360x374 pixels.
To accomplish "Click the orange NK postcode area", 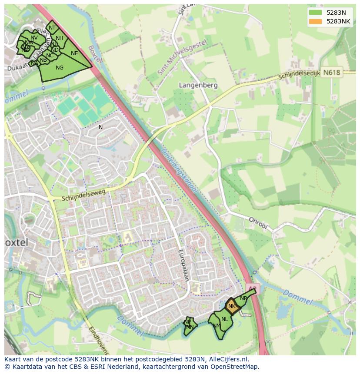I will (x=232, y=306).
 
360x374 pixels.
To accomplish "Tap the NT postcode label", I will (x=52, y=28).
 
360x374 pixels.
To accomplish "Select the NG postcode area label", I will (x=60, y=68).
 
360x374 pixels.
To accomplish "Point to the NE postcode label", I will (x=74, y=53).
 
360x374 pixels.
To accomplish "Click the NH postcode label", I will (x=60, y=38).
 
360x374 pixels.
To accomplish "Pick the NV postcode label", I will (x=34, y=38).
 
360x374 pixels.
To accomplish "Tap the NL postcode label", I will (x=224, y=319).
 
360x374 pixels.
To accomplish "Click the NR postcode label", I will (x=243, y=298).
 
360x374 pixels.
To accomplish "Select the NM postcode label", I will (x=216, y=325).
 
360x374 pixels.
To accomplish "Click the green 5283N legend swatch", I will (x=316, y=13).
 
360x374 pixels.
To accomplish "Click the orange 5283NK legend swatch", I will (x=316, y=21).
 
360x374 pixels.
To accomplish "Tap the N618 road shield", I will (x=332, y=73).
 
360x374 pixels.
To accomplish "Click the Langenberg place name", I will (x=198, y=86).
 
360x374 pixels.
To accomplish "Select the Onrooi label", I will (x=258, y=220).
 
